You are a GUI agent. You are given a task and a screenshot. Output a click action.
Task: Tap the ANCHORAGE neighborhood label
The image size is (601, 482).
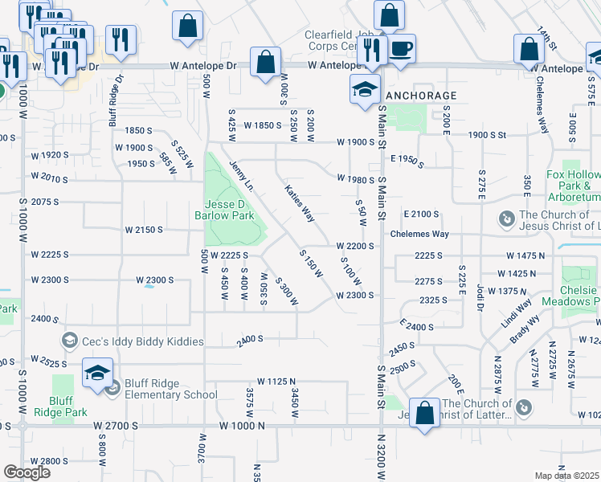(x=421, y=96)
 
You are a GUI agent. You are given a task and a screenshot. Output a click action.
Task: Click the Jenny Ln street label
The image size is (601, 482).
(x=241, y=176)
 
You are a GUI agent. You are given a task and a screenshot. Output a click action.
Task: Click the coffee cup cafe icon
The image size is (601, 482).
(x=402, y=48)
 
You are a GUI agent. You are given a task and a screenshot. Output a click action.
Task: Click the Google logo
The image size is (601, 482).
(x=27, y=472)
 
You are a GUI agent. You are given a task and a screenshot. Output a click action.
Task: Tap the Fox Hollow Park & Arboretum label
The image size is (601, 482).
(x=573, y=186)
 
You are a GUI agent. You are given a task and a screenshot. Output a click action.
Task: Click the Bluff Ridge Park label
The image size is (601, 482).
(x=67, y=406)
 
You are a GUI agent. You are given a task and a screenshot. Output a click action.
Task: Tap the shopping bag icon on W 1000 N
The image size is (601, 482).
(x=424, y=414)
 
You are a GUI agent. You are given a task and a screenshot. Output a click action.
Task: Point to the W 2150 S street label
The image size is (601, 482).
(x=144, y=230)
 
